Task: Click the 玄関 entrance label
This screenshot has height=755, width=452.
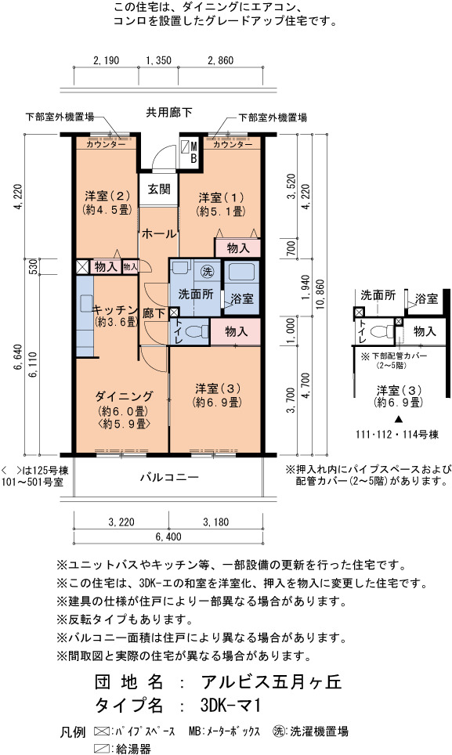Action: (159, 189)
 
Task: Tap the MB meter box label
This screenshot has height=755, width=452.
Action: (193, 152)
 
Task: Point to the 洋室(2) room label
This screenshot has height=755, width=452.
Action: (107, 196)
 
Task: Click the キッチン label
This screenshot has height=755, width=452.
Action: (115, 309)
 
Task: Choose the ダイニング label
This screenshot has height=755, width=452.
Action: (125, 396)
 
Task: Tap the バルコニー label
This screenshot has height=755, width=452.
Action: (169, 477)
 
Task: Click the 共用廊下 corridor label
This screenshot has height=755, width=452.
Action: (169, 112)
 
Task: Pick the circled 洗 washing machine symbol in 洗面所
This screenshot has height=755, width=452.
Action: (208, 271)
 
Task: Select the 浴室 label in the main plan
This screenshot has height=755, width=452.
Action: (241, 298)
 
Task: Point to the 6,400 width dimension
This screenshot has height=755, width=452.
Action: (168, 536)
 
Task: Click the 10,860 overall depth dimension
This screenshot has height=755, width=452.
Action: (321, 294)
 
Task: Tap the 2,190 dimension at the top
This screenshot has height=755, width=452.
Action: (107, 60)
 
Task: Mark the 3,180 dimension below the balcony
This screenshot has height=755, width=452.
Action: (215, 522)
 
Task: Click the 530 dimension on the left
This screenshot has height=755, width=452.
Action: (33, 266)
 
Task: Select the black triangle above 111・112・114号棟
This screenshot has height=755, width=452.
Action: (398, 418)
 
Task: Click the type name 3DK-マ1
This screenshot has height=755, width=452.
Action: (230, 706)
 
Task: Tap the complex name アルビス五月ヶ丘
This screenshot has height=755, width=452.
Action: (272, 682)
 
